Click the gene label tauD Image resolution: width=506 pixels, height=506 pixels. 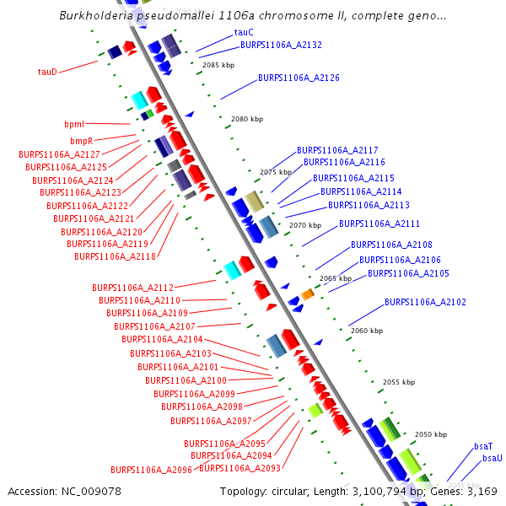coord(47,72)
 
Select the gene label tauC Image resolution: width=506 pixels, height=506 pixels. coord(244,33)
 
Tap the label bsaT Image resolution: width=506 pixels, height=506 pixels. coord(483,445)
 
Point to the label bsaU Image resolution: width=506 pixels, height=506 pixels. coord(492,458)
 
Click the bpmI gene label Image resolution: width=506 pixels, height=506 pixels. coord(75,125)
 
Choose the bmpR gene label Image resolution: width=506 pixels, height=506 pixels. coord(81,141)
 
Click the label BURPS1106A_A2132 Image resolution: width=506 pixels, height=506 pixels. coord(281,45)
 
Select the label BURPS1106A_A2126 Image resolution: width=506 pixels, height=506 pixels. coord(299,78)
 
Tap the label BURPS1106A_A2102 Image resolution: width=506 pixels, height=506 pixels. coord(425,302)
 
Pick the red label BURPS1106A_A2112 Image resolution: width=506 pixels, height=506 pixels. coord(132,288)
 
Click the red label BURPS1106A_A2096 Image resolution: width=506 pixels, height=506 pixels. coord(151,470)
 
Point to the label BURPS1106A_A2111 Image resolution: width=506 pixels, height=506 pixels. coord(379,223)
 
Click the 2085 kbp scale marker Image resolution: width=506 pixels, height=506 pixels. coord(218,65)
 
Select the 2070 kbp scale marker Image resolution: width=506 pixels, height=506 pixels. coord(305,226)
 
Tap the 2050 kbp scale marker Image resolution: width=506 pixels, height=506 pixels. coord(430,434)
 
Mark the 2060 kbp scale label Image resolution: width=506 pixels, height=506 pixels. coord(366,331)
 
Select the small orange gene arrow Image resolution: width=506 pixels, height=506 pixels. coord(307,293)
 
